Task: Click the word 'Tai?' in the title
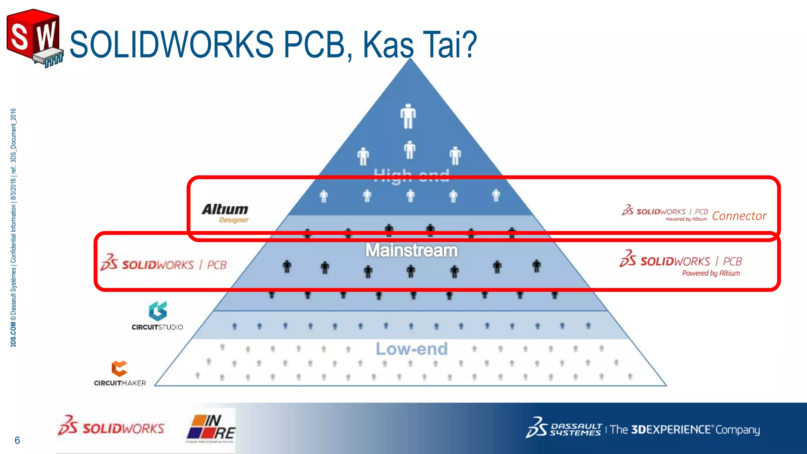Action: [x=449, y=44]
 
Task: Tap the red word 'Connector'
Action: [x=739, y=216]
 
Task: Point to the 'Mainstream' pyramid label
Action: [x=411, y=251]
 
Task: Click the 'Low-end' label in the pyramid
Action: [x=411, y=349]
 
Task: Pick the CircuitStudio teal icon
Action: [x=158, y=311]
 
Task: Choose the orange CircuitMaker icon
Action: [x=119, y=368]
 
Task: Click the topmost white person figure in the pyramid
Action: [x=408, y=116]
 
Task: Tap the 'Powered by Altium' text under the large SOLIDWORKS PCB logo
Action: [x=711, y=273]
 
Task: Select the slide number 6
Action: [x=17, y=440]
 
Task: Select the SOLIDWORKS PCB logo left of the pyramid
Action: [x=164, y=263]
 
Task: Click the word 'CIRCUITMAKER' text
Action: [x=120, y=383]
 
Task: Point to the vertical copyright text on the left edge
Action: [x=13, y=228]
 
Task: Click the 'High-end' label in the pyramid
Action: [x=411, y=174]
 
